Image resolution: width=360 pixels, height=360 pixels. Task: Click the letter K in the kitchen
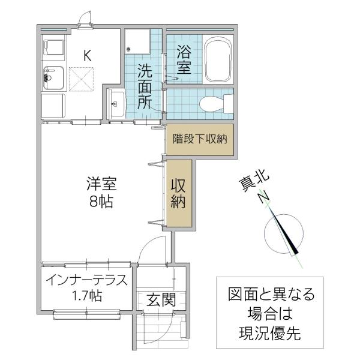tap(87, 56)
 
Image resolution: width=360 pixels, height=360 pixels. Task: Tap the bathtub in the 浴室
tap(218, 59)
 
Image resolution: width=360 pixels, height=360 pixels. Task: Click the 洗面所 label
tap(145, 86)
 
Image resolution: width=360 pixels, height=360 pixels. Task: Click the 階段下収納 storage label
tap(200, 139)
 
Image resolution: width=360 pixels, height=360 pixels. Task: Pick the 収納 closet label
tap(178, 194)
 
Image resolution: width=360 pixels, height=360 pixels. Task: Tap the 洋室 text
tap(101, 184)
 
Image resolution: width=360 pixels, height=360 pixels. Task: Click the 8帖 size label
tap(101, 202)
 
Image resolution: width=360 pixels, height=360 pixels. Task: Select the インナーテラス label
tap(86, 280)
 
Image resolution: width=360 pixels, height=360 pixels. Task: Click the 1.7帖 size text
tap(87, 296)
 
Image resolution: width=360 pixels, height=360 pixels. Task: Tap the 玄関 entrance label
tap(161, 299)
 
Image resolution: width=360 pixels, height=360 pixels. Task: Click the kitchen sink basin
tap(53, 78)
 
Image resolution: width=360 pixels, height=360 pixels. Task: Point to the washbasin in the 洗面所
tap(116, 103)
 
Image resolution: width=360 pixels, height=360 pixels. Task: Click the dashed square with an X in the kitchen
tap(81, 79)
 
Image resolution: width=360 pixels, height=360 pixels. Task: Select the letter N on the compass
tap(263, 196)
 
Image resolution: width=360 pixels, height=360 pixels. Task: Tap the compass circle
tap(284, 234)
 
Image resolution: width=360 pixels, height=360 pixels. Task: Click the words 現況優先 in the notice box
tap(270, 334)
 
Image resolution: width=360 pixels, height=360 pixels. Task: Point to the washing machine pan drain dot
tap(128, 49)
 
